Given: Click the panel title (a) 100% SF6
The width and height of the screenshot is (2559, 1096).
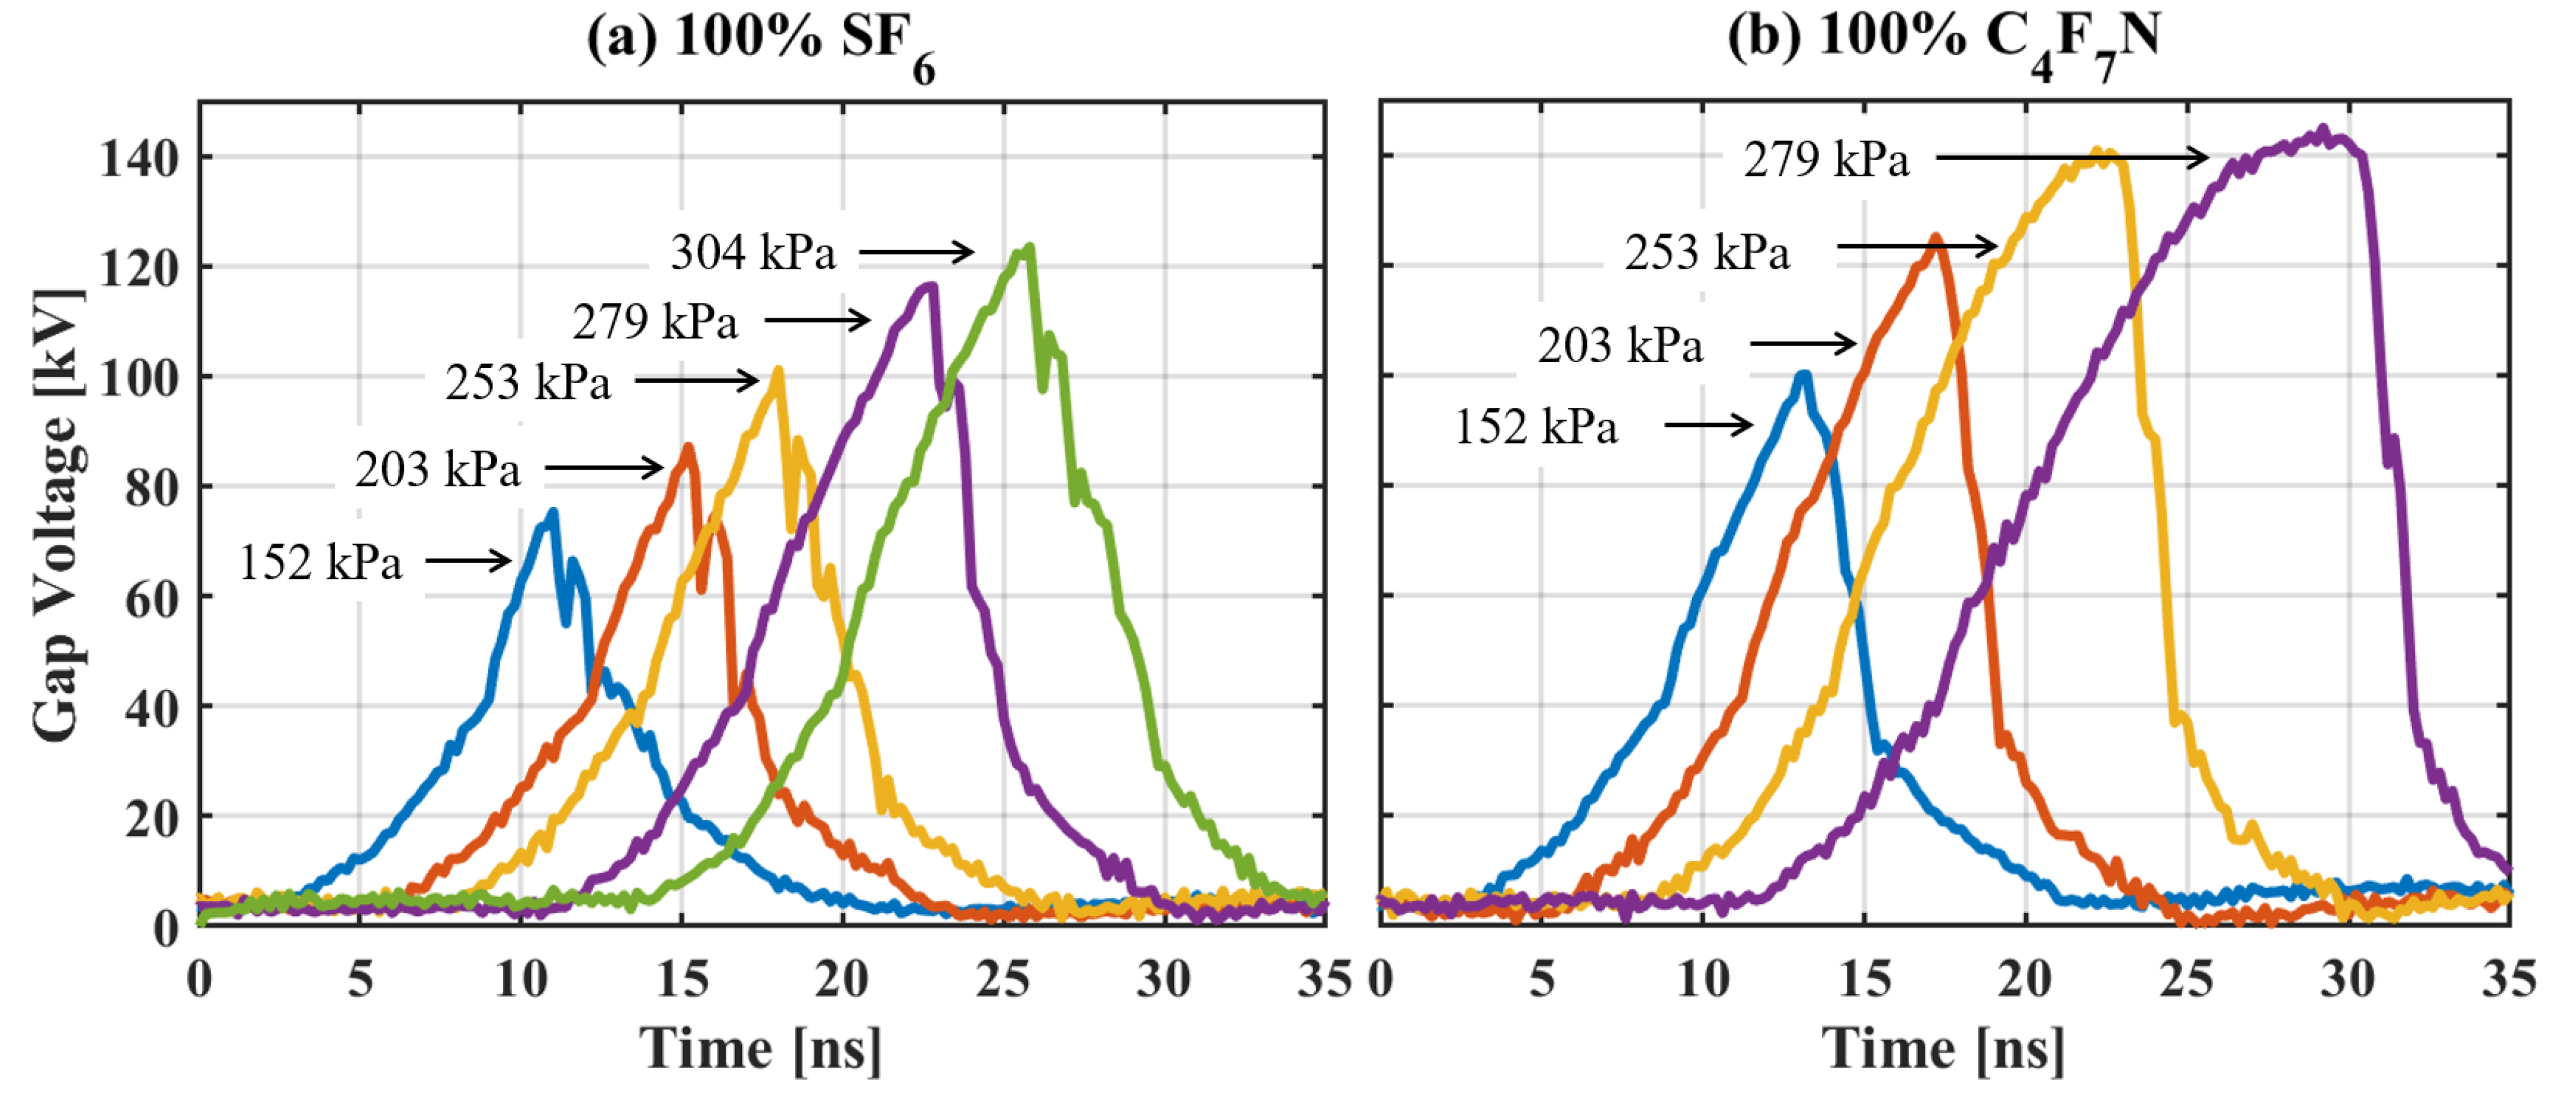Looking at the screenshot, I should click(760, 41).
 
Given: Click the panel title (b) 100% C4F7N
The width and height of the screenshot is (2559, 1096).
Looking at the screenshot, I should click(1943, 41).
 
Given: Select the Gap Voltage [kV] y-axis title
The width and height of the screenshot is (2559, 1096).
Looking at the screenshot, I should click(57, 515).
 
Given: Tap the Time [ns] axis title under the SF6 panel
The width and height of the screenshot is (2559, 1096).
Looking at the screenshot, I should click(760, 1049).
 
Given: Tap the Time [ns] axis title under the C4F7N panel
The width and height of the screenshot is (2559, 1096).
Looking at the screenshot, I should click(1943, 1049).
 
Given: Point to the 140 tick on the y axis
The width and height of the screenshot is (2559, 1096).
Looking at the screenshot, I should click(139, 158).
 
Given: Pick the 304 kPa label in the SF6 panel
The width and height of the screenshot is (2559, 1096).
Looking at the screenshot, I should click(753, 253).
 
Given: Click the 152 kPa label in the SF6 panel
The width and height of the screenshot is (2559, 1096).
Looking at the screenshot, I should click(321, 563).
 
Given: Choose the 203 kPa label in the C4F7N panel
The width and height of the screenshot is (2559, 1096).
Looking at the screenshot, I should click(1620, 346).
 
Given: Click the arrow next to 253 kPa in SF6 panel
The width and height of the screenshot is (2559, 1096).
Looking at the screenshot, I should click(696, 381).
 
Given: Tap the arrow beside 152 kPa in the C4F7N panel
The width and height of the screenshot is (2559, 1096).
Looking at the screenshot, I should click(1708, 425).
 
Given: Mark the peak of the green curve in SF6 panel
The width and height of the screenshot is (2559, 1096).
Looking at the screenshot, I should click(1029, 247).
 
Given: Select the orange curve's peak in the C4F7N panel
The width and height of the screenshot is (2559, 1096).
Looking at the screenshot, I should click(1935, 237).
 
